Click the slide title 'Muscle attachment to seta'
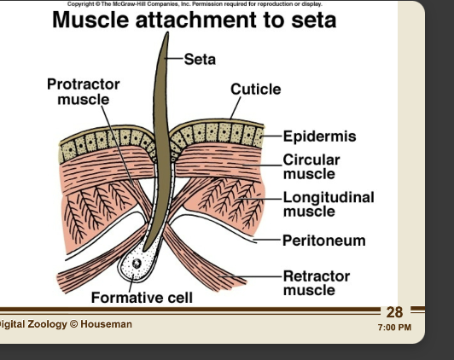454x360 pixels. click(194, 20)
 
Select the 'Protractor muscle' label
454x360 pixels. click(83, 92)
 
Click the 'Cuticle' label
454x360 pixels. click(255, 90)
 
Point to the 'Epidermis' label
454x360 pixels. click(319, 136)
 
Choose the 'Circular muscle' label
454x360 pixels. click(311, 166)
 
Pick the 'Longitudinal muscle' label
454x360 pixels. click(328, 204)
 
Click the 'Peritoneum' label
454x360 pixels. click(323, 241)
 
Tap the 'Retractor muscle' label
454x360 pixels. click(316, 282)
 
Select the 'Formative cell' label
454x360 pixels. click(142, 298)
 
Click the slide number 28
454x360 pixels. click(394, 313)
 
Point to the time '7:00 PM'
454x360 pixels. click(393, 328)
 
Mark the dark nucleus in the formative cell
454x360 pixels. click(136, 264)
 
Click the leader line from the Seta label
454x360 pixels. click(176, 59)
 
